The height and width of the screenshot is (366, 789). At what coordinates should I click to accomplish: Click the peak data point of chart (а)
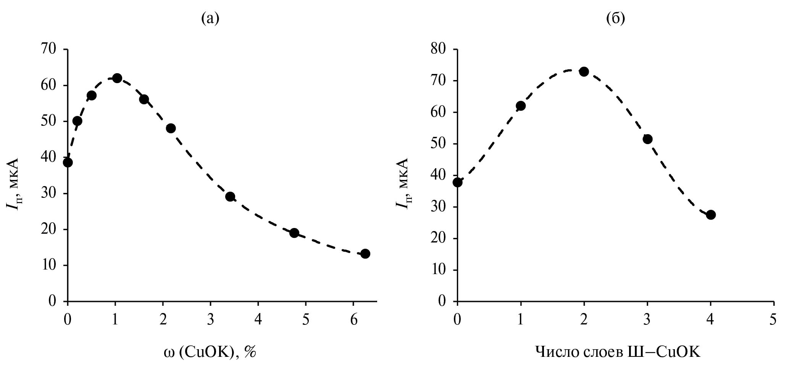tap(117, 78)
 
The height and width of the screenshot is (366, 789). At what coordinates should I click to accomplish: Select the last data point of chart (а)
tap(365, 254)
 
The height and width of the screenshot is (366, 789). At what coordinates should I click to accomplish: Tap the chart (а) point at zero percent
tap(68, 162)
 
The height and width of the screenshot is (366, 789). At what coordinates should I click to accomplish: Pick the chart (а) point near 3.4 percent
tap(230, 197)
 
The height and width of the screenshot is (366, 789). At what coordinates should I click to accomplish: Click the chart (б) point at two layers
tap(584, 72)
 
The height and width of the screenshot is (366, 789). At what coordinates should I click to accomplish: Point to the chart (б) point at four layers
tap(711, 215)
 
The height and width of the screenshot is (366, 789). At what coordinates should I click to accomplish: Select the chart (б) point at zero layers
tap(457, 182)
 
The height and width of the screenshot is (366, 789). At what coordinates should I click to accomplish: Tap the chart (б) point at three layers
tap(647, 139)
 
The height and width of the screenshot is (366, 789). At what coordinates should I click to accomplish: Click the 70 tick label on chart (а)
tap(48, 50)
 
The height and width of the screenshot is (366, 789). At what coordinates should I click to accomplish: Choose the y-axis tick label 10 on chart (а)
tap(48, 265)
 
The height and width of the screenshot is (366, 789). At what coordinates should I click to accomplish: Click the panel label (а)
tap(210, 18)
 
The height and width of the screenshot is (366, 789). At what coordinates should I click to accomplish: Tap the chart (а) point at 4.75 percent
tap(294, 233)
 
